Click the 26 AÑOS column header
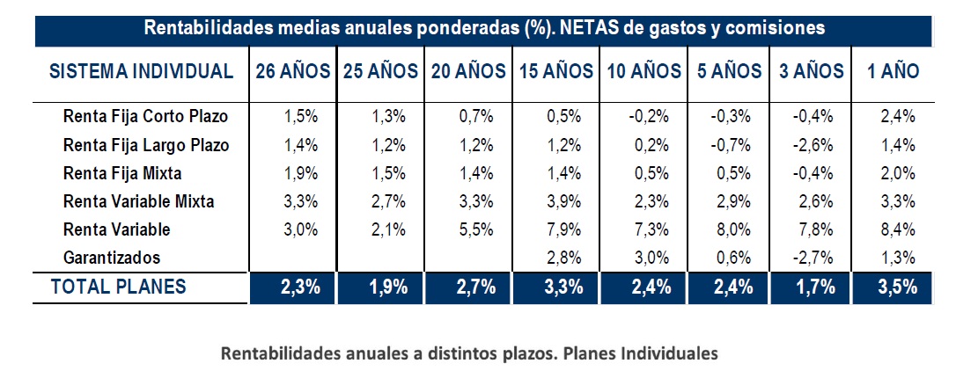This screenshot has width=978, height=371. click(293, 71)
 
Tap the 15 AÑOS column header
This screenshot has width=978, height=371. click(555, 71)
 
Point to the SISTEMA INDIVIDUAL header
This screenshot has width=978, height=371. click(142, 71)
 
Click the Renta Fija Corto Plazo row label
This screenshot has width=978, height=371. click(144, 116)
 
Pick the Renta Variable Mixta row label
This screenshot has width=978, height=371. click(139, 201)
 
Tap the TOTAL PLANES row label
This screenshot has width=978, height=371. click(119, 287)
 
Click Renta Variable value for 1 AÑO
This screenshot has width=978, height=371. click(898, 230)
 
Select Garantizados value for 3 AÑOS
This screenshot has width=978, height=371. click(809, 258)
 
